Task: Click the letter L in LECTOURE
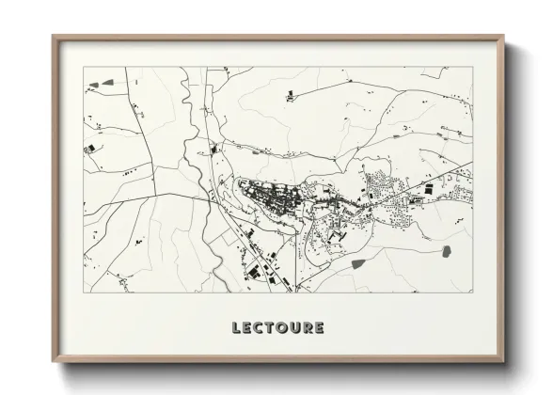tap(237, 328)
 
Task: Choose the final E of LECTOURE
tap(320, 328)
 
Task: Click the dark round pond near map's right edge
tap(445, 251)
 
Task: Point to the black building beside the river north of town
tap(213, 149)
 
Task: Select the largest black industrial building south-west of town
tap(254, 272)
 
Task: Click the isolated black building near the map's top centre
tap(290, 93)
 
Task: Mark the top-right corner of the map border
tap(472, 67)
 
